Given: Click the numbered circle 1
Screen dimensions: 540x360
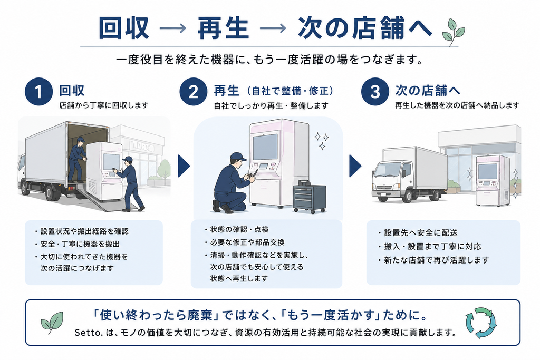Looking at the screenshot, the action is coord(38,92).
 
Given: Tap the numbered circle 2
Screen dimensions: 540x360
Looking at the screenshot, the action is coord(193,92).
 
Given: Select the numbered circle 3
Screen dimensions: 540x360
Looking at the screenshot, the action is coord(375,92).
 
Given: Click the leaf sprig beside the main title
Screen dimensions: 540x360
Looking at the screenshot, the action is coord(454,32).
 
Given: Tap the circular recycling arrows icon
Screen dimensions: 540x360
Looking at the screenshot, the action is coord(481,323).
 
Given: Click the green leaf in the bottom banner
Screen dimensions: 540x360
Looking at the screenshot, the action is coord(52,323).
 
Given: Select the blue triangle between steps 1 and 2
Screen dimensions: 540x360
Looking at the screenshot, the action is coord(184,166).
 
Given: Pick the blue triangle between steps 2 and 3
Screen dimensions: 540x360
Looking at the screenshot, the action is coord(355,166).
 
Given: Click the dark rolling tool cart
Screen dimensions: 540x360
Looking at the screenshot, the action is coord(309,197).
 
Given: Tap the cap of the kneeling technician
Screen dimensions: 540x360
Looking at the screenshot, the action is coord(238,157).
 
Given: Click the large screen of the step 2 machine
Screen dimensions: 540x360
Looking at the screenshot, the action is coord(265,147).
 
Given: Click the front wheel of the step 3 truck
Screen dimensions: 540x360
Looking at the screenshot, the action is coord(408,196).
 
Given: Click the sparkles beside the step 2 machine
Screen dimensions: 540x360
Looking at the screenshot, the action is coord(321,140).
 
